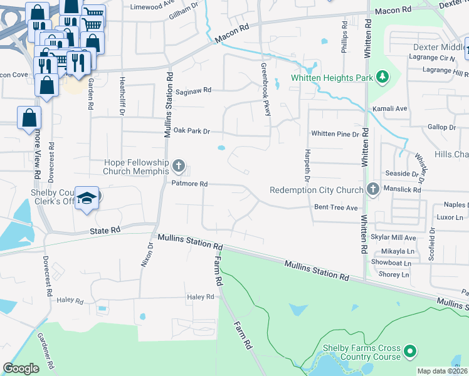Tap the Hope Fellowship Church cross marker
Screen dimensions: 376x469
click(x=179, y=167)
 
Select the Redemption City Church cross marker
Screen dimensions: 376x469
click(x=373, y=190)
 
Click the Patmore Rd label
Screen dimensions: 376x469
click(x=189, y=184)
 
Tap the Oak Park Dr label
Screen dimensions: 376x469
click(x=191, y=131)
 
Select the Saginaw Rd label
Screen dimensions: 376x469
click(x=193, y=90)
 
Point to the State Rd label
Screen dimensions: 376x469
click(x=105, y=231)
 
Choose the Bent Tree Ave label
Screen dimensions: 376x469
click(x=335, y=207)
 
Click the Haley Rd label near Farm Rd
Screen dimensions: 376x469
click(x=201, y=297)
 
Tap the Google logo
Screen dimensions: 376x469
click(x=21, y=368)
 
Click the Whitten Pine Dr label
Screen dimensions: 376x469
click(x=335, y=134)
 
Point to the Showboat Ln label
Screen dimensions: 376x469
click(x=391, y=263)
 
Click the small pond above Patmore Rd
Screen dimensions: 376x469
click(x=221, y=149)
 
